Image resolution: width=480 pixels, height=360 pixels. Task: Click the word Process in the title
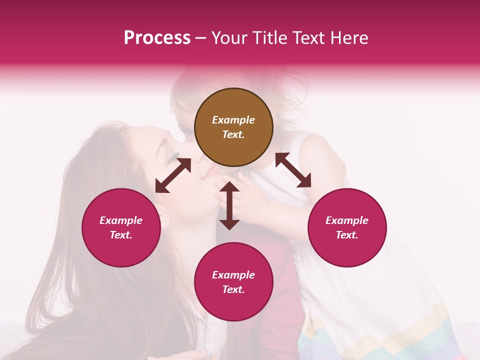click(x=157, y=38)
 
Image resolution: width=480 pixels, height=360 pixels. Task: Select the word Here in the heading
click(x=348, y=38)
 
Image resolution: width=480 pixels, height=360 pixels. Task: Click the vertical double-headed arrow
click(x=229, y=205)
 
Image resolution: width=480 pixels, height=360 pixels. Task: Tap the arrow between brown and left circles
click(x=173, y=175)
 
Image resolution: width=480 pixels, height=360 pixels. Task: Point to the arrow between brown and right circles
click(x=293, y=170)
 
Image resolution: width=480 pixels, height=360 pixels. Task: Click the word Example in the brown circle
click(x=233, y=120)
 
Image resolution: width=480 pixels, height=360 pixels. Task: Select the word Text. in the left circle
click(x=121, y=235)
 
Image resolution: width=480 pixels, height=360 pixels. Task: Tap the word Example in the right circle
click(x=347, y=220)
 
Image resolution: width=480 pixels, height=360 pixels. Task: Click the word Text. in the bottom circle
click(x=233, y=289)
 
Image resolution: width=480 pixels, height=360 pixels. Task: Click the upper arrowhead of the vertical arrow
click(x=229, y=186)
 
